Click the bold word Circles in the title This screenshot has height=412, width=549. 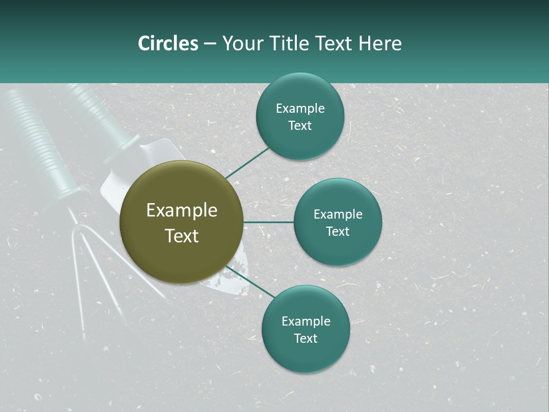coord(168,43)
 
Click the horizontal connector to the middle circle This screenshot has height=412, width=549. coord(268,222)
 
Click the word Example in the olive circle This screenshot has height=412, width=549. coord(181,211)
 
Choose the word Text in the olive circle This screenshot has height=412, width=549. coord(181,236)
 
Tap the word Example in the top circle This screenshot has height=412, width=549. coord(300,109)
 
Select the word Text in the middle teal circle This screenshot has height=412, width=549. coord(337,232)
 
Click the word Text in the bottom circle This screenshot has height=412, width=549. coord(305,339)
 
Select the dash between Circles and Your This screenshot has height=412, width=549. coord(210,44)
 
